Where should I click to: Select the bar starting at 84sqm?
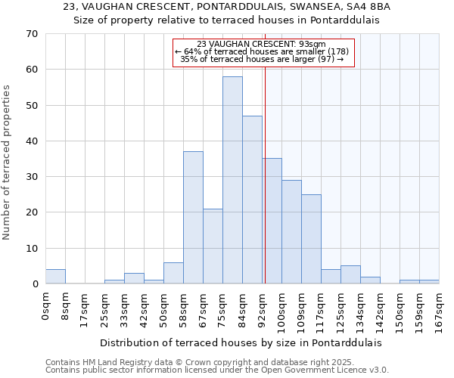tap(252, 200)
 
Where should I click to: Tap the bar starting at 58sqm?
tap(193, 218)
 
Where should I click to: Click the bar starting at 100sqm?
tap(291, 231)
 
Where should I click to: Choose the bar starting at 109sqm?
tap(311, 239)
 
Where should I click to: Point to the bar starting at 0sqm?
tap(55, 277)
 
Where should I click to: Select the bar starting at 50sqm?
tap(173, 273)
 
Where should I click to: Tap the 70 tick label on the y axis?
tap(31, 34)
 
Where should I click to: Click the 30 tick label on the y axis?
tap(31, 177)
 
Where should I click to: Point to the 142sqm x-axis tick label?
tap(380, 311)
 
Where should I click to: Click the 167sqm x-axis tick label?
tap(439, 311)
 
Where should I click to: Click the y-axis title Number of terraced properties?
tap(7, 162)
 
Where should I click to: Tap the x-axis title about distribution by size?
tap(241, 342)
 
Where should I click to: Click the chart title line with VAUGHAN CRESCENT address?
tap(226, 7)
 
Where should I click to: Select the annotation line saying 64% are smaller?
tap(263, 51)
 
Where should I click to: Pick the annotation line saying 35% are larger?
tap(263, 59)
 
